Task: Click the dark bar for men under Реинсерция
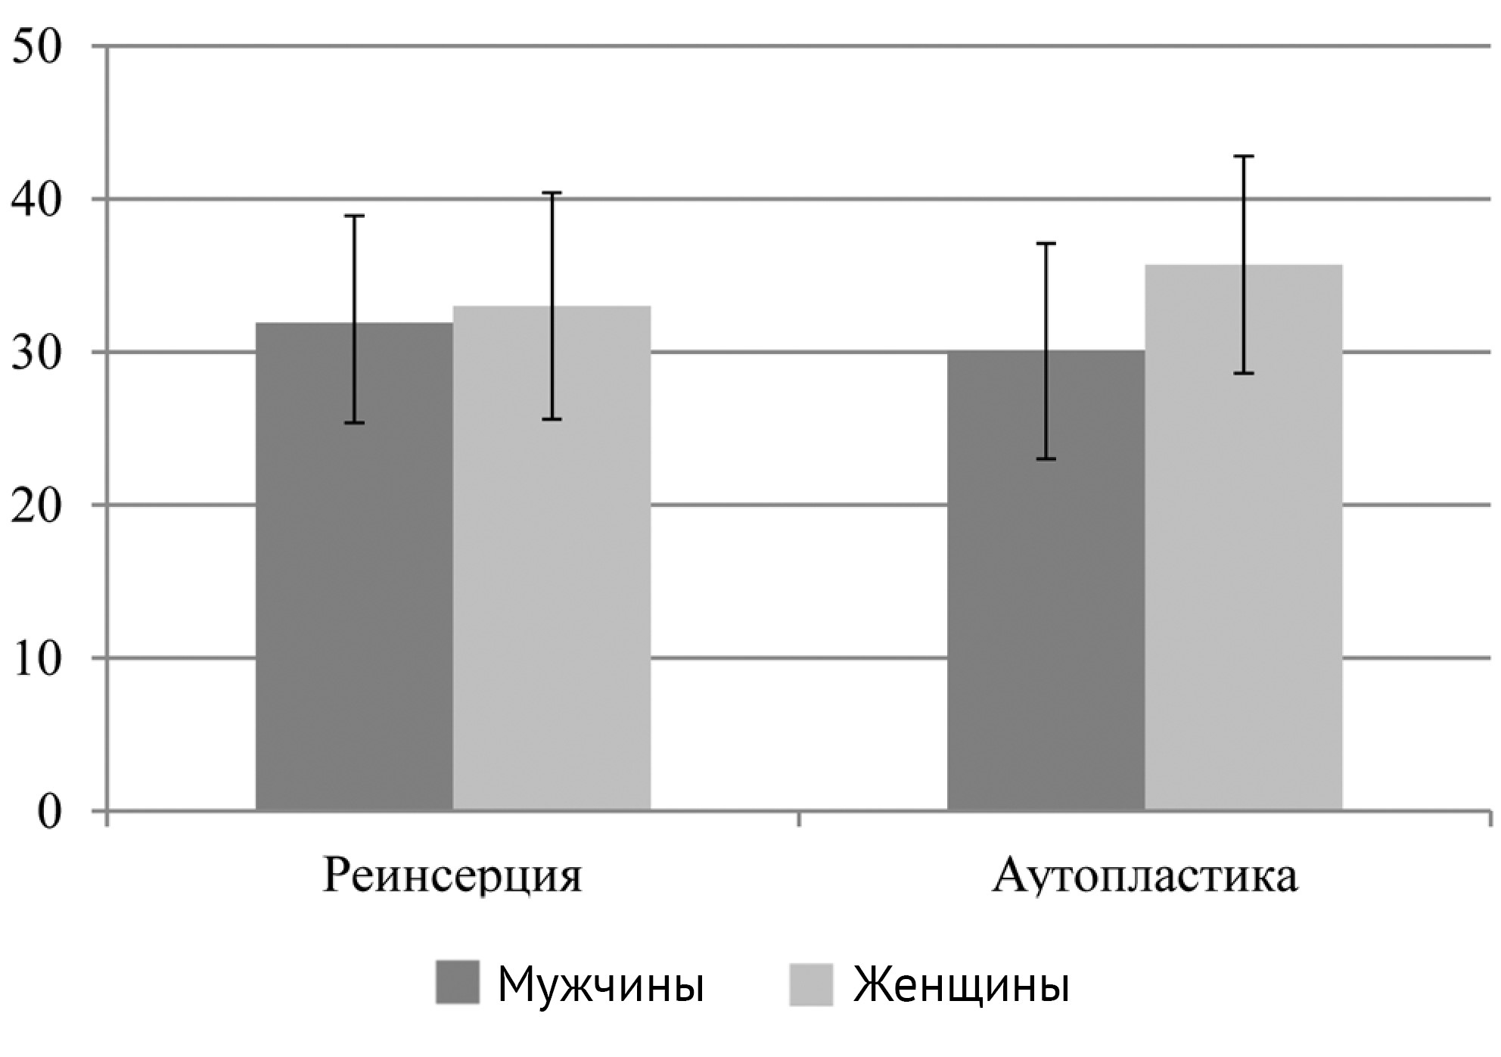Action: click(x=354, y=567)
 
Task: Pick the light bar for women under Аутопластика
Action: click(x=1243, y=538)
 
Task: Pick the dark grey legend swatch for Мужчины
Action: click(x=458, y=983)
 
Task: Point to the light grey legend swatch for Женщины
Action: click(x=810, y=984)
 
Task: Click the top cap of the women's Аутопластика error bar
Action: click(x=1243, y=156)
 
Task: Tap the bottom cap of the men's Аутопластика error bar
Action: click(x=1046, y=459)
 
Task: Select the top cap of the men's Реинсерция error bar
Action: click(x=354, y=216)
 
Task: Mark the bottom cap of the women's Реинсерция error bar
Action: click(x=552, y=419)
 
